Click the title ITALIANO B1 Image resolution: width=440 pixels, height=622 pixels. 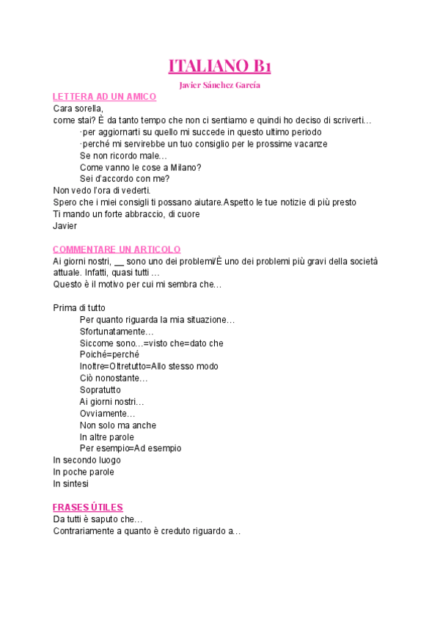point(220,66)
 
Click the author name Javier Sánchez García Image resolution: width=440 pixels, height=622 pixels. point(220,85)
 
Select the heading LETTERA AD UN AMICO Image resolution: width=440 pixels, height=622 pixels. point(104,97)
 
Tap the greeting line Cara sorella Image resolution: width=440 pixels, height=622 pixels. point(78,109)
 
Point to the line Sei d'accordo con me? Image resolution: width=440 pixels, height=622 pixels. point(125,179)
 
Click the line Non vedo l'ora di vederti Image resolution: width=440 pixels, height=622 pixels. point(102,191)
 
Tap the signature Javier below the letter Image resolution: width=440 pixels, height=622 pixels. point(65,226)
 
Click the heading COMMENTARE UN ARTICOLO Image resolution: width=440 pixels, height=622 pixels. point(117,249)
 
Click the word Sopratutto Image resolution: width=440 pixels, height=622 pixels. point(100,390)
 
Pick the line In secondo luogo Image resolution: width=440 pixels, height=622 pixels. point(87,461)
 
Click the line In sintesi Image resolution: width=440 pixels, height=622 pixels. point(70,484)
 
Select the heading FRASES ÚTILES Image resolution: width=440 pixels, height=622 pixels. point(88,508)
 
